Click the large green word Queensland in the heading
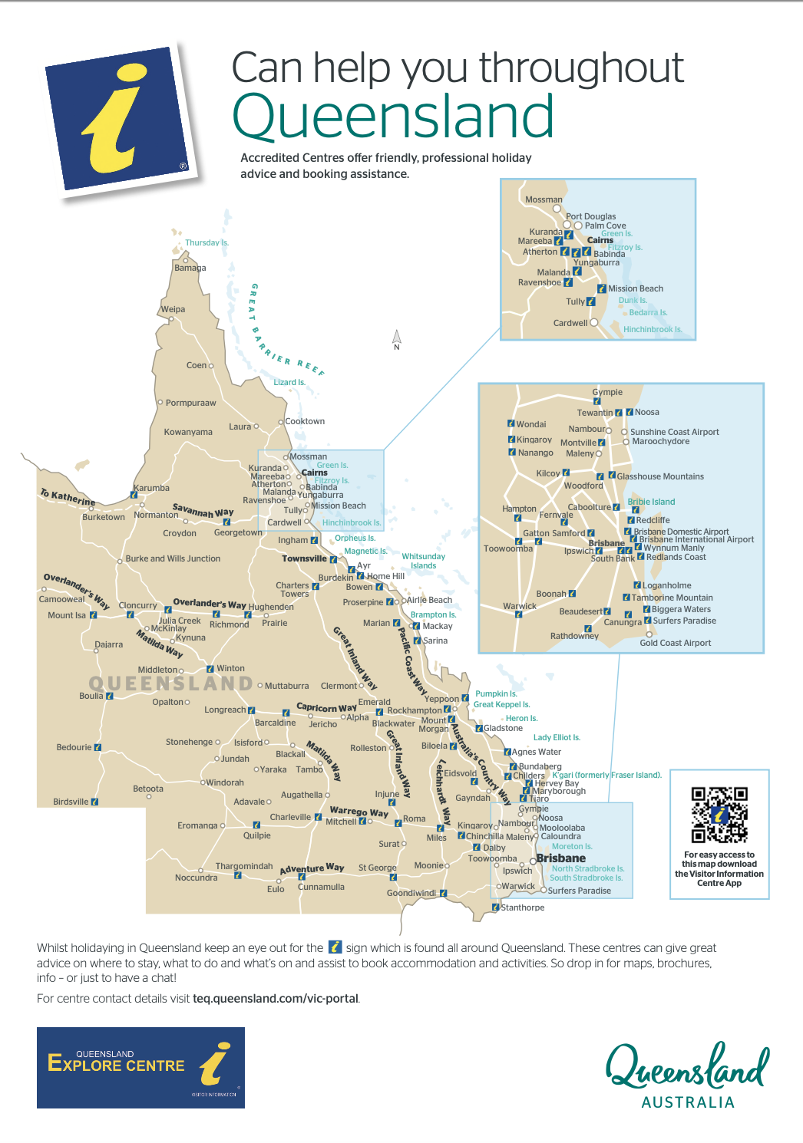(x=392, y=117)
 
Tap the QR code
(x=719, y=815)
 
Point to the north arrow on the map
(x=397, y=339)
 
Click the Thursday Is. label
(x=207, y=243)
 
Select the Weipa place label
(x=173, y=310)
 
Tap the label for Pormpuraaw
(x=190, y=403)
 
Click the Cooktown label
(x=305, y=422)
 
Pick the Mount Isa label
(x=67, y=615)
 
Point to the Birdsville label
(x=71, y=802)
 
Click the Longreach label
(x=225, y=710)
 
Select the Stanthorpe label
(x=523, y=908)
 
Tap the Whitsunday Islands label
(x=423, y=561)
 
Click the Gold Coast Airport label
(x=676, y=644)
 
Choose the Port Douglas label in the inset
(x=591, y=217)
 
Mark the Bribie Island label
(x=651, y=502)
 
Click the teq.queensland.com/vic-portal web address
(x=276, y=999)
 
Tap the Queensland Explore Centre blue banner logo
(x=140, y=1067)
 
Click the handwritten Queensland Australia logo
(x=687, y=1074)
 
